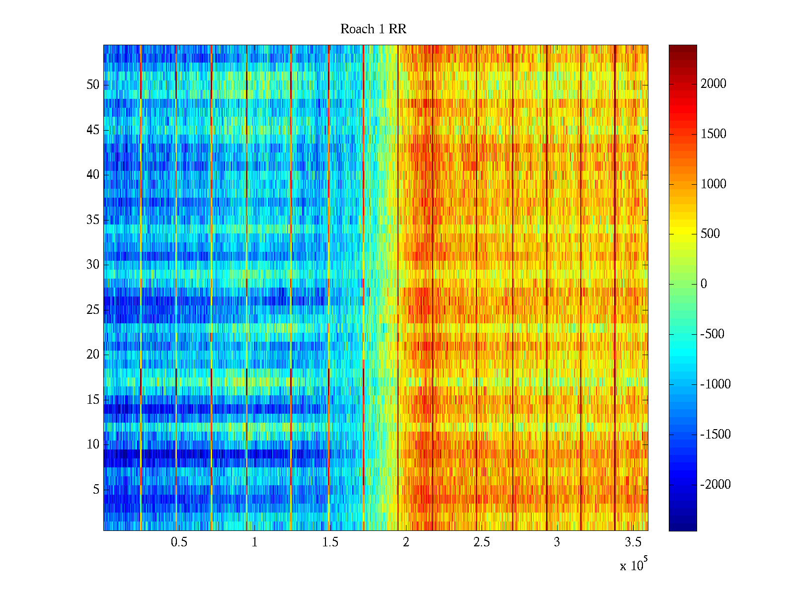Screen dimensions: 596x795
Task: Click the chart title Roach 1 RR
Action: pyautogui.click(x=373, y=29)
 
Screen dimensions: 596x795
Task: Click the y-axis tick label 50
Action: pyautogui.click(x=93, y=85)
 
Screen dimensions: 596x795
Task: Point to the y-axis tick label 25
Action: pyautogui.click(x=93, y=310)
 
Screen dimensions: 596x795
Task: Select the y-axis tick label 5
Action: pyautogui.click(x=96, y=490)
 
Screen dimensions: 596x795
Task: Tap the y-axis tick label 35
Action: pyautogui.click(x=93, y=220)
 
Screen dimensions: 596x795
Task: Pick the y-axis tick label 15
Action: pyautogui.click(x=93, y=400)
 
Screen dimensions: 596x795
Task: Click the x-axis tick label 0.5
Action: pyautogui.click(x=179, y=542)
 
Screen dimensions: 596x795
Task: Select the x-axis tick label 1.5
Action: pyautogui.click(x=330, y=542)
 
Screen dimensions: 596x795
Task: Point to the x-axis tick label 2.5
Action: pyautogui.click(x=481, y=542)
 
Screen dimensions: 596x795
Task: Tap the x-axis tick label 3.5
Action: pyautogui.click(x=633, y=542)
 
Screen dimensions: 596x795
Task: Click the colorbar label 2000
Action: pyautogui.click(x=714, y=84)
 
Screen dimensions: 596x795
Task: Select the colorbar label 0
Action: pyautogui.click(x=704, y=284)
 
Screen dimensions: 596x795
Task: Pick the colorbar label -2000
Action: pyautogui.click(x=715, y=485)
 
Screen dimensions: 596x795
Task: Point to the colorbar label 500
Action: pyautogui.click(x=710, y=234)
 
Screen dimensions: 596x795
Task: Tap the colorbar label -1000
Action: pyautogui.click(x=715, y=384)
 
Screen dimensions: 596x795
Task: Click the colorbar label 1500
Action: pyautogui.click(x=714, y=134)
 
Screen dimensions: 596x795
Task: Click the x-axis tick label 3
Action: pyautogui.click(x=557, y=542)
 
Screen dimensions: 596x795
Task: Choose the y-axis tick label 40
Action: pyautogui.click(x=93, y=175)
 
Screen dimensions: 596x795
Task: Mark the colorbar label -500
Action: pyautogui.click(x=713, y=334)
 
